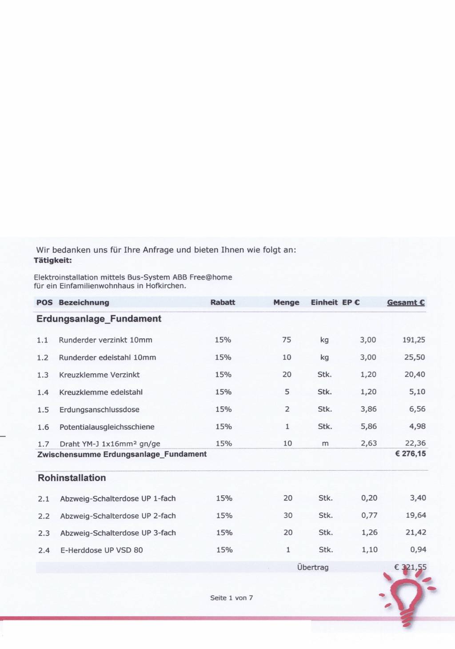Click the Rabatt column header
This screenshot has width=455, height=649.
[223, 302]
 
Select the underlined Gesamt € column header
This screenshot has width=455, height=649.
[406, 302]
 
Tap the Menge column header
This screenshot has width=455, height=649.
[286, 302]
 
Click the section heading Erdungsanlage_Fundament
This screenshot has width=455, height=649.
[99, 319]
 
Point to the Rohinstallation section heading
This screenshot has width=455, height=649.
[72, 478]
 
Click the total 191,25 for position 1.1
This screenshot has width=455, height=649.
[414, 340]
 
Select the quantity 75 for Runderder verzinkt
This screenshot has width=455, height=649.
[287, 340]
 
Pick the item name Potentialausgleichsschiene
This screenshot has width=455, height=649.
[107, 427]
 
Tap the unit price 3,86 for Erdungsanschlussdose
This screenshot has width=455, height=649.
[368, 409]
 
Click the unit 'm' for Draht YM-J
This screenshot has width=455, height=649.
[325, 443]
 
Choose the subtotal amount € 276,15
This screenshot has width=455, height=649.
[411, 454]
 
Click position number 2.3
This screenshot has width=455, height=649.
[44, 533]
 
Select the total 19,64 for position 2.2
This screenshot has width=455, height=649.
[416, 515]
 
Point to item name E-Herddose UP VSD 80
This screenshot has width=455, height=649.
[102, 550]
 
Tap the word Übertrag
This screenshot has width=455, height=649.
[313, 567]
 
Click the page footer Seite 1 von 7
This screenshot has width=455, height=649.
[231, 598]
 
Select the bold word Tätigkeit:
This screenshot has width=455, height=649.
[53, 260]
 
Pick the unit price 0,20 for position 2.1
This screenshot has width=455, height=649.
[369, 498]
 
